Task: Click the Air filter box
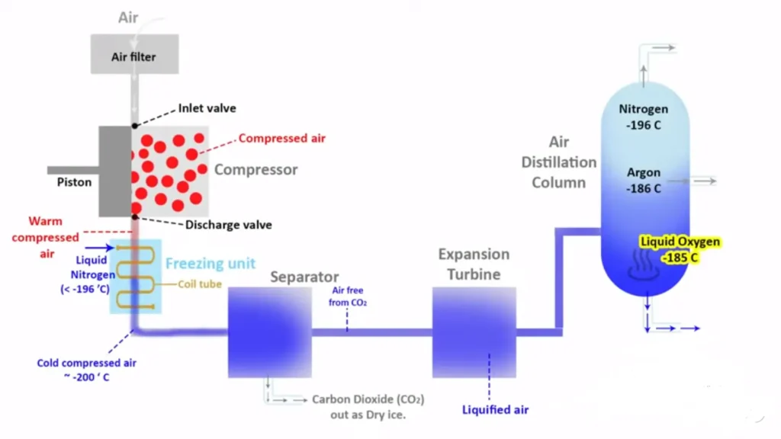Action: click(x=135, y=56)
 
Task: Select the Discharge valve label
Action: click(x=229, y=225)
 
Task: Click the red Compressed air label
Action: click(x=281, y=139)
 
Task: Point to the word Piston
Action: click(x=74, y=182)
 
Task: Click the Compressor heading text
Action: click(x=256, y=169)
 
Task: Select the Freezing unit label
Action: click(x=211, y=264)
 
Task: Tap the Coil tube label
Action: click(x=200, y=284)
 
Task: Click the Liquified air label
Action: click(x=495, y=410)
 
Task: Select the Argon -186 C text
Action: click(x=644, y=181)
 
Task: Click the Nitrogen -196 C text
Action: click(x=644, y=117)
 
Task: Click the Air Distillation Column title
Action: click(x=559, y=162)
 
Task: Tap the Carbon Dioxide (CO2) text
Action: click(x=368, y=399)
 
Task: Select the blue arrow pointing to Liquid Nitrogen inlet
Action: click(x=96, y=247)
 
